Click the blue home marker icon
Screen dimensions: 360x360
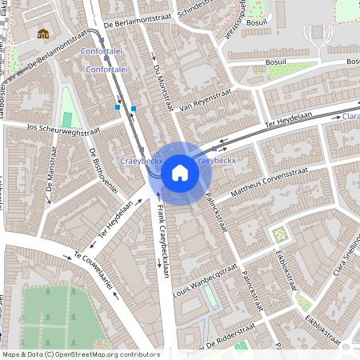pos(180,173)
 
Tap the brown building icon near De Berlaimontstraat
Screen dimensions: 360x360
pos(43,33)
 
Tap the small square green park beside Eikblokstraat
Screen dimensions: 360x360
pos(280,235)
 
